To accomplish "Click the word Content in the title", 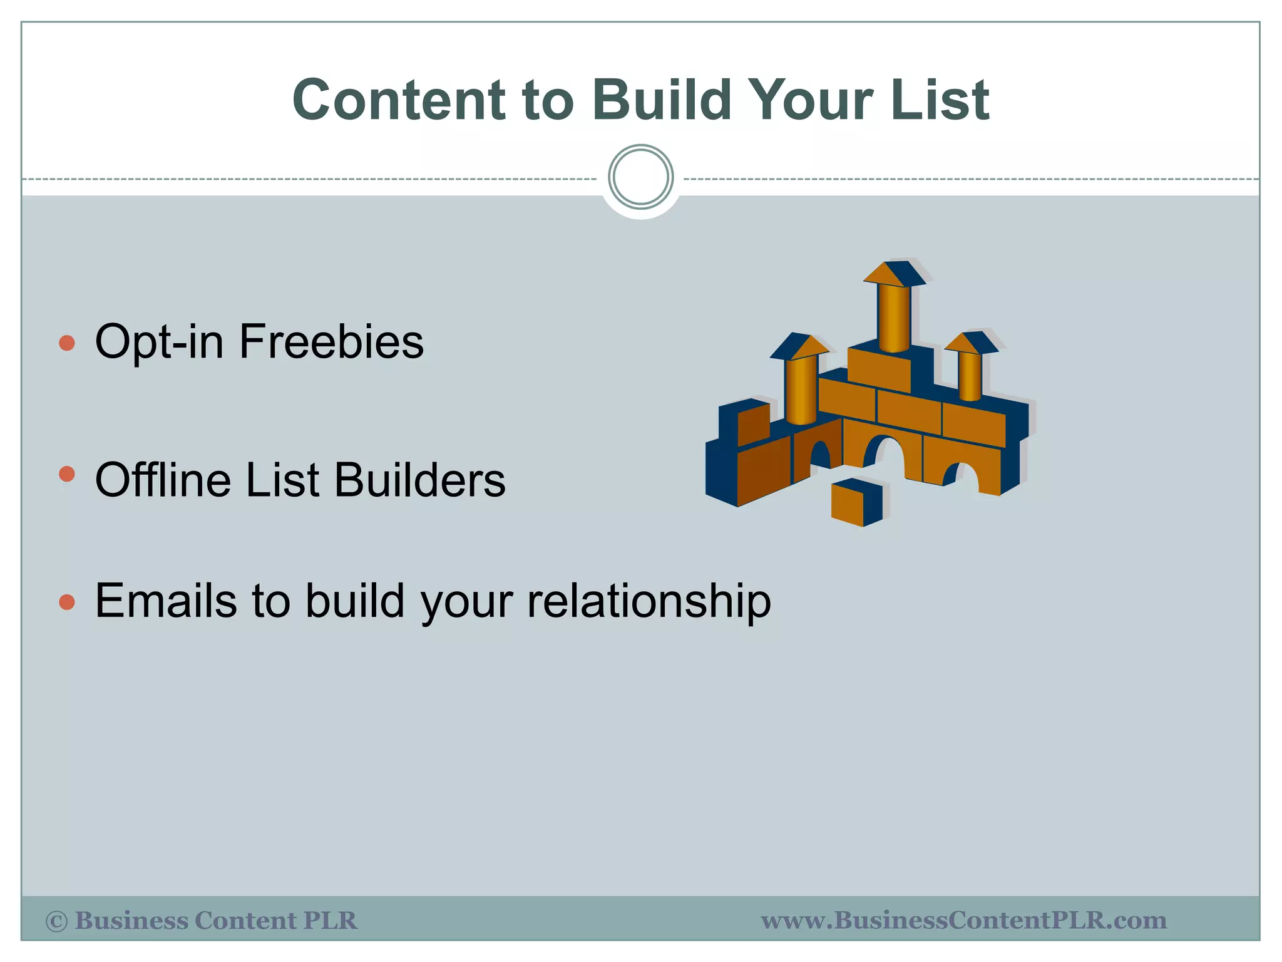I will [399, 100].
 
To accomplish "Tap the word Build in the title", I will [662, 100].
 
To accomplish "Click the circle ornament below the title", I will [640, 177].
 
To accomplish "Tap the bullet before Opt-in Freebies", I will [66, 343].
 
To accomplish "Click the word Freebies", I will [331, 342].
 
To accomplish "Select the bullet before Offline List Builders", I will [66, 474].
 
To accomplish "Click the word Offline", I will [164, 480].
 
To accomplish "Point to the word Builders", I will [419, 480].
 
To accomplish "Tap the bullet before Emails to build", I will [66, 603].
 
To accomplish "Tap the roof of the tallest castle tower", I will [894, 274].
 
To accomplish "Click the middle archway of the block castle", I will [883, 455].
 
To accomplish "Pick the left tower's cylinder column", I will [801, 390].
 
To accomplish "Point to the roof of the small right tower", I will [970, 343].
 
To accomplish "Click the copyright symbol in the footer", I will [56, 921].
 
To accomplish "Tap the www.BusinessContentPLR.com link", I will [963, 921].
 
